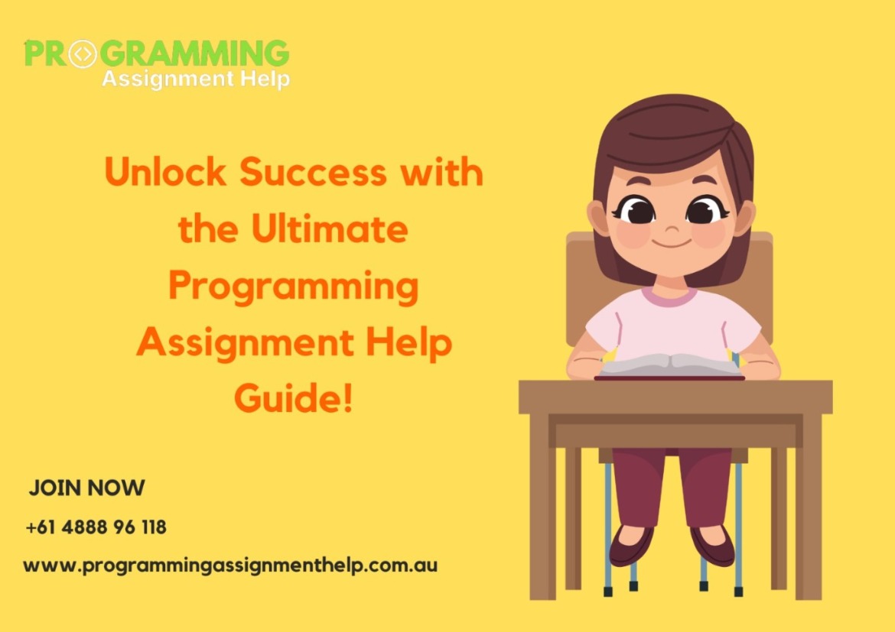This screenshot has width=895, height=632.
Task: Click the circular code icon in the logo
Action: click(83, 53)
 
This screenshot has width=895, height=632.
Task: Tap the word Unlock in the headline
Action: click(166, 173)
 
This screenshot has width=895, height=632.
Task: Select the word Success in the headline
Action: click(313, 173)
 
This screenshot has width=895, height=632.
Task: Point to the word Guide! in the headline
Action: click(294, 399)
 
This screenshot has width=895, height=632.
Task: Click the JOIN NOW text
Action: click(86, 488)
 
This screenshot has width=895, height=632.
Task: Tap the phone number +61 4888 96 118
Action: click(96, 527)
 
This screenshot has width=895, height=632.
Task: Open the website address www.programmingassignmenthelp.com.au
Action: click(230, 566)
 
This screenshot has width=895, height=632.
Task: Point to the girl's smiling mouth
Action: click(670, 244)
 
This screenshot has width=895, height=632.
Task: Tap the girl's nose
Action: click(670, 228)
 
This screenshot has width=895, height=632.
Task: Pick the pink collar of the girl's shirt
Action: click(669, 297)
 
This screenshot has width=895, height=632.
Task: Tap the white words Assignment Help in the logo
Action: click(195, 78)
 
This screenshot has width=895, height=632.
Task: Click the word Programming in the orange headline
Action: click(294, 286)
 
